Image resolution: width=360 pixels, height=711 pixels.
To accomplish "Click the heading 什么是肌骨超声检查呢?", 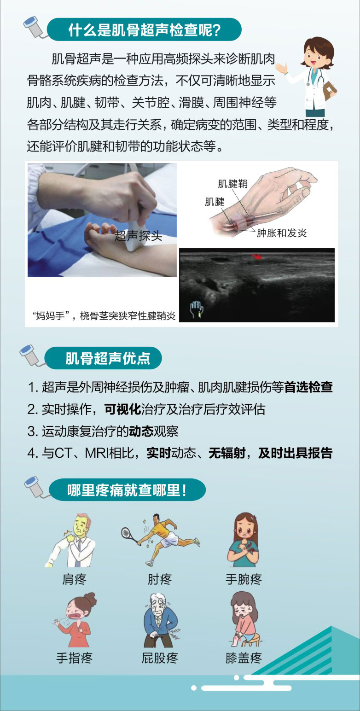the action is [145, 30].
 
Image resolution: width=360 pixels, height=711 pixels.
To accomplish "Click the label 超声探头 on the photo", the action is [138, 236].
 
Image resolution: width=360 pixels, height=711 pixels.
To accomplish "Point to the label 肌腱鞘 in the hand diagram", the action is [232, 183].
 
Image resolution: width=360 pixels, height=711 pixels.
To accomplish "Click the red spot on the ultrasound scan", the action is [256, 256].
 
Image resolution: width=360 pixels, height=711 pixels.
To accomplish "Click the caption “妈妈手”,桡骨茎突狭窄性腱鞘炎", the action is [104, 316].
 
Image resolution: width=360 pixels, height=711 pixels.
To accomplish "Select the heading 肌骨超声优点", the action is [108, 358].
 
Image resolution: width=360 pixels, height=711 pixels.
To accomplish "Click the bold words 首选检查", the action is [308, 387].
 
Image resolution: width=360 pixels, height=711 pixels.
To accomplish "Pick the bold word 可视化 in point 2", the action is [123, 409].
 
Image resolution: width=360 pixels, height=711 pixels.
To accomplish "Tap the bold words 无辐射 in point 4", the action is [227, 453].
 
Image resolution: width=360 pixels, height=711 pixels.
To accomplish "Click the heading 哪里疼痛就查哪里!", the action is [127, 490].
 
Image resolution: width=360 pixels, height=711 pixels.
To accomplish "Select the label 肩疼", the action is [74, 579].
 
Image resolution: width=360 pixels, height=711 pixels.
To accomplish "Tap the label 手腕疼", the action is [244, 579].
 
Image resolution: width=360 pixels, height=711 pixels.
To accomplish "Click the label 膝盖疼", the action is [244, 658].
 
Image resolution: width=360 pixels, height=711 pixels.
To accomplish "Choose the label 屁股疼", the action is [160, 658].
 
